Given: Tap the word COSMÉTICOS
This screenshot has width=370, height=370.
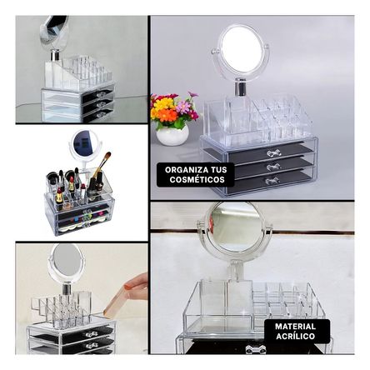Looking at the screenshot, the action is [x=197, y=179].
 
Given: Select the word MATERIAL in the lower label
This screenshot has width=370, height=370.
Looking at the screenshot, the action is [x=296, y=326].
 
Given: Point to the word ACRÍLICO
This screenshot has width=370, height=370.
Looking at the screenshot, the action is [x=296, y=336].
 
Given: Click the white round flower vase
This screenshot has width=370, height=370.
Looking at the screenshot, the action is [x=172, y=135].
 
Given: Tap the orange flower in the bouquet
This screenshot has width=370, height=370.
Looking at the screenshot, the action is [x=167, y=115].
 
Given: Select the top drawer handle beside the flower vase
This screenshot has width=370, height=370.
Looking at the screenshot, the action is [x=274, y=152].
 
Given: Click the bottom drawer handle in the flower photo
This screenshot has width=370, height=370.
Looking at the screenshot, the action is [x=272, y=181].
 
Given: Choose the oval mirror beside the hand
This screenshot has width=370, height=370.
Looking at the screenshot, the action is [x=67, y=264].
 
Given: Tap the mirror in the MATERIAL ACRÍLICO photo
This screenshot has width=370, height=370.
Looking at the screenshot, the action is [x=235, y=227].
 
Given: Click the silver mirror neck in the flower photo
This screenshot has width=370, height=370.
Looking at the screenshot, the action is [x=241, y=87].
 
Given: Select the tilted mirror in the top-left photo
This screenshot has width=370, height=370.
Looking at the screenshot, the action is [x=54, y=32].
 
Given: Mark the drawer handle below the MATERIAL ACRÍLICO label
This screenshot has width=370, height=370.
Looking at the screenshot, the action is [x=256, y=349].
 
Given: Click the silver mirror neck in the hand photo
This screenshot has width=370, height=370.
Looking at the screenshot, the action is [x=67, y=289].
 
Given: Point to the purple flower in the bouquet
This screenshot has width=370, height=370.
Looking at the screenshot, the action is [x=183, y=107].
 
